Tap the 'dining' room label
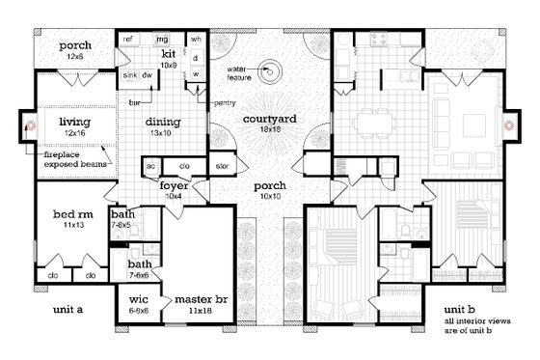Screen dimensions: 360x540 (x=164, y=122)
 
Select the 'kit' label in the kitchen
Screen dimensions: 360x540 (x=168, y=53)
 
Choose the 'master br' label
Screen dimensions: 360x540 (x=200, y=298)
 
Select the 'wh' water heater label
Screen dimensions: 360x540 (x=196, y=39)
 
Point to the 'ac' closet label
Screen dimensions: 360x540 (x=151, y=165)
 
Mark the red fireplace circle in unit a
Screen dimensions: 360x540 (x=30, y=126)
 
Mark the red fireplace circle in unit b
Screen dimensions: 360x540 (x=512, y=126)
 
